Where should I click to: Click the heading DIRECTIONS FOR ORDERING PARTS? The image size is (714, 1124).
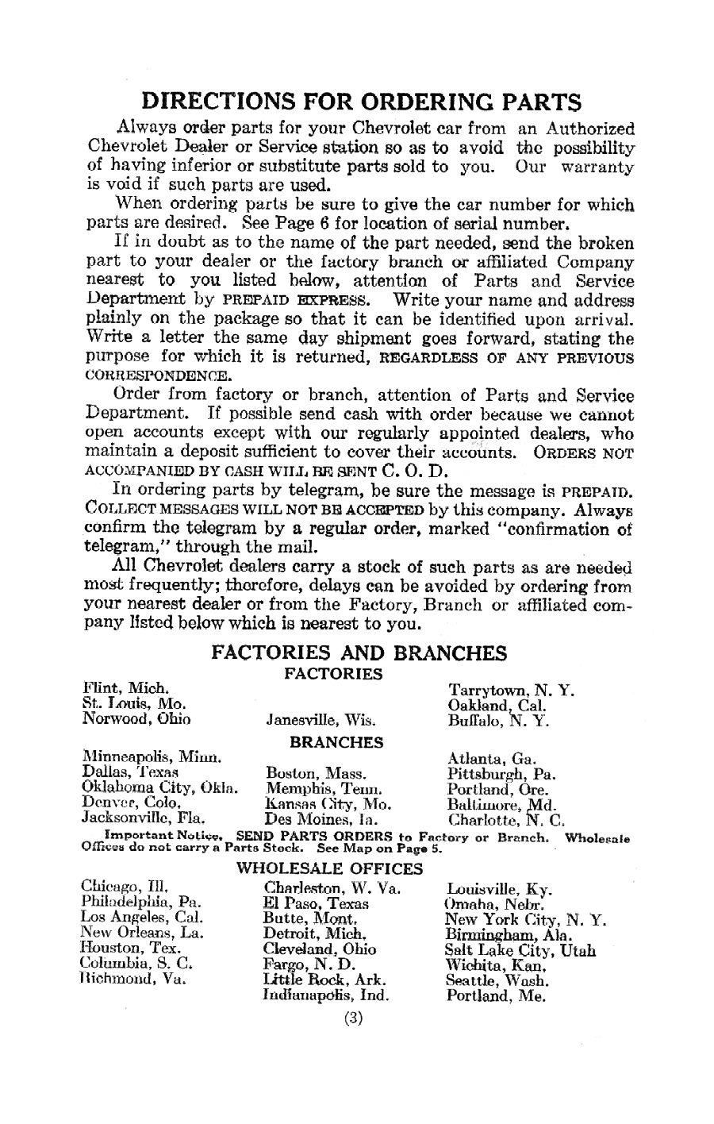tap(361, 102)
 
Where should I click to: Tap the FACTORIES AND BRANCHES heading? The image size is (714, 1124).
tap(359, 653)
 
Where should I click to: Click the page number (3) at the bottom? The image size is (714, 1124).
tap(354, 1019)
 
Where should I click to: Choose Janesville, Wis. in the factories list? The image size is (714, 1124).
tap(320, 722)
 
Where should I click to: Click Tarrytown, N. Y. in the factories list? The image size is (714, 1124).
tap(511, 690)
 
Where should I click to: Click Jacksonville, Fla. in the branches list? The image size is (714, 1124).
tap(144, 818)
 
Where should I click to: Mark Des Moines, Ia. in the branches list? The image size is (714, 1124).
tap(321, 818)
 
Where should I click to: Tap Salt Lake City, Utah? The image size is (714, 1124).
tap(520, 949)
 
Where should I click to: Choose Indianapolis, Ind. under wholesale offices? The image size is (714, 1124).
tap(324, 995)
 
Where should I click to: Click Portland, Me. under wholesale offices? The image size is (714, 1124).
tap(490, 995)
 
